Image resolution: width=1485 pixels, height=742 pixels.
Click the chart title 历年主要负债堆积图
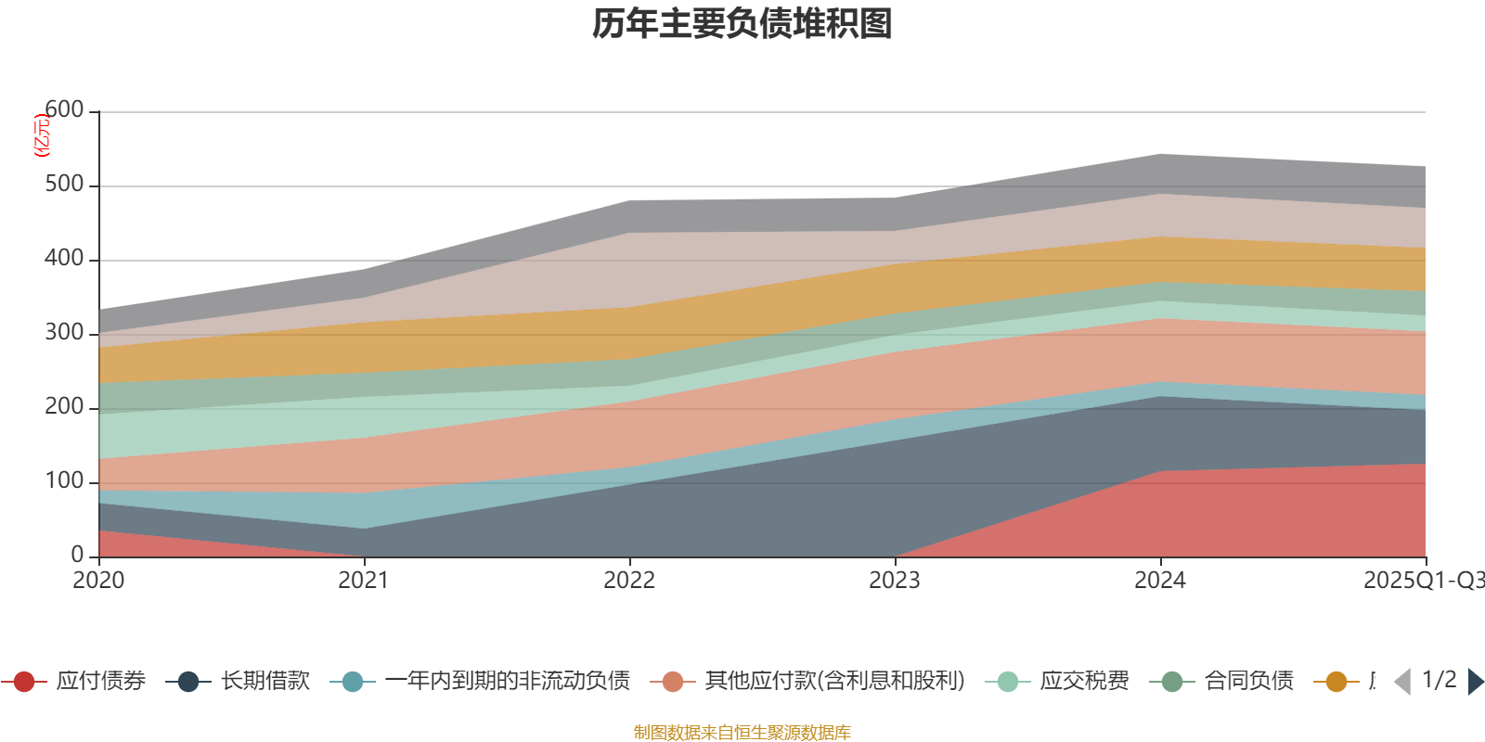tap(742, 24)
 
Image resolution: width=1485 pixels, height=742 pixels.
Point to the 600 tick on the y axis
tap(64, 110)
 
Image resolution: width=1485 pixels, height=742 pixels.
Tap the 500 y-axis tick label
tap(64, 185)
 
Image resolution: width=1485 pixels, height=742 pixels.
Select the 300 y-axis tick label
tap(64, 333)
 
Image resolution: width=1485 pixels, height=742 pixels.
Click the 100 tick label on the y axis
tap(64, 481)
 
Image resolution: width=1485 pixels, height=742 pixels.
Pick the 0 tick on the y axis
tap(78, 555)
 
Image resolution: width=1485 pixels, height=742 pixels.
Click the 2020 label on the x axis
tap(98, 581)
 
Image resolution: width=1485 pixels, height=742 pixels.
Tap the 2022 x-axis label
tap(629, 581)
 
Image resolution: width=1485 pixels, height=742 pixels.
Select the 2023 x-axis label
tap(895, 581)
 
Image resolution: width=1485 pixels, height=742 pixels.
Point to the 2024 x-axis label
tap(1160, 581)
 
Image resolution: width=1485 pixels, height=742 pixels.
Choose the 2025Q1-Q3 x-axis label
tap(1422, 581)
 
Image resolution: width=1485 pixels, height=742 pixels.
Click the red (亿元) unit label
tap(41, 135)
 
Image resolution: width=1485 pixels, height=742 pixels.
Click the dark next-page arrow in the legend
tap(1475, 682)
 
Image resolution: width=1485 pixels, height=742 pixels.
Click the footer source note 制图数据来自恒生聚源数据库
tap(742, 733)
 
